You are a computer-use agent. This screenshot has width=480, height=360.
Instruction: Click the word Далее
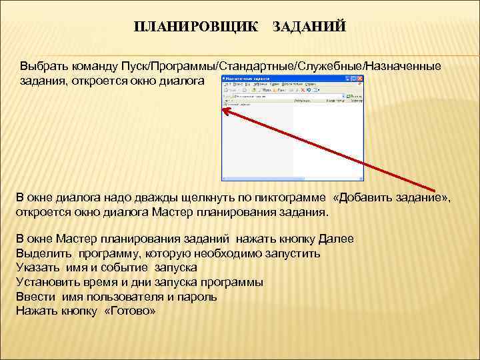pyautogui.click(x=336, y=239)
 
